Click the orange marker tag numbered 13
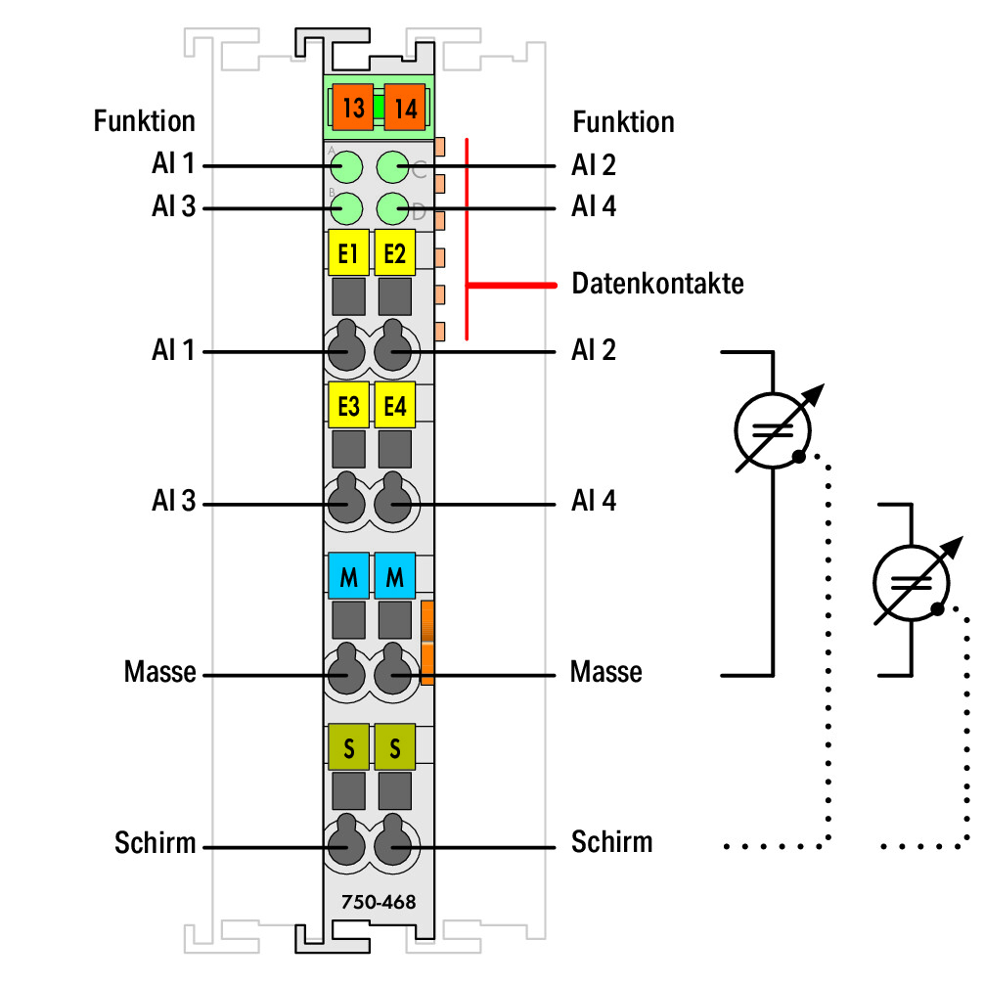352,108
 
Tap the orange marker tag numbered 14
405,108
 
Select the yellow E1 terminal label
348,252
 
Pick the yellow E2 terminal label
394,252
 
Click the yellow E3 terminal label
348,405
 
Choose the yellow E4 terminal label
394,405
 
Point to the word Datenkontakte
657,284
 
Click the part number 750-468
379,902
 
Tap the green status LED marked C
393,167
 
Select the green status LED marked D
393,208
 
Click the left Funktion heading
144,120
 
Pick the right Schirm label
611,842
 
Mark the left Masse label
159,672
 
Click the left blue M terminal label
348,575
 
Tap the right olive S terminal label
394,747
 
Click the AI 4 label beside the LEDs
593,206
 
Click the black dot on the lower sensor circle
937,608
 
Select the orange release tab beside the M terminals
427,642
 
